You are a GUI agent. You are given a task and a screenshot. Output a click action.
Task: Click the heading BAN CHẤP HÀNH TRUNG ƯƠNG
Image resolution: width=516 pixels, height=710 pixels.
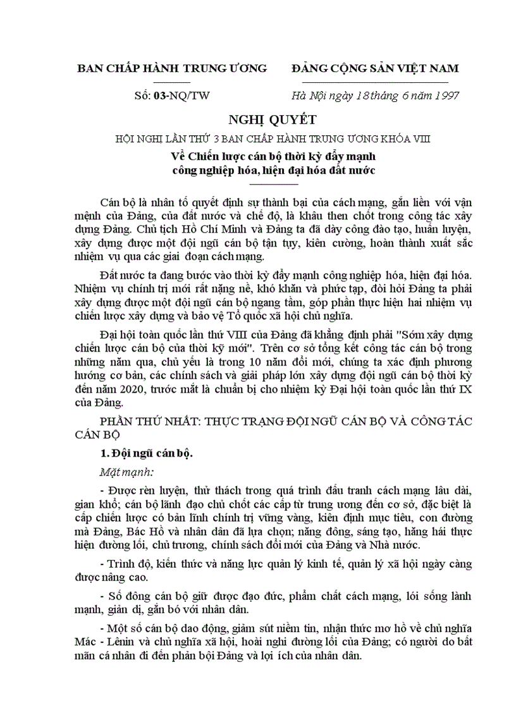(171, 68)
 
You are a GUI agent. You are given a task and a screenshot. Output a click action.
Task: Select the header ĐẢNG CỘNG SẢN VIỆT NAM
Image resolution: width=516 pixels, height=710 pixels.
(375, 68)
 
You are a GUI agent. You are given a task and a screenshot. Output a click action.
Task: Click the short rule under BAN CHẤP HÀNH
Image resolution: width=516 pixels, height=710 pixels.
(171, 82)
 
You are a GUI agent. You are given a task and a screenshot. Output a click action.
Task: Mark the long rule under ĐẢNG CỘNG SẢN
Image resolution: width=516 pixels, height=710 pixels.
(375, 82)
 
